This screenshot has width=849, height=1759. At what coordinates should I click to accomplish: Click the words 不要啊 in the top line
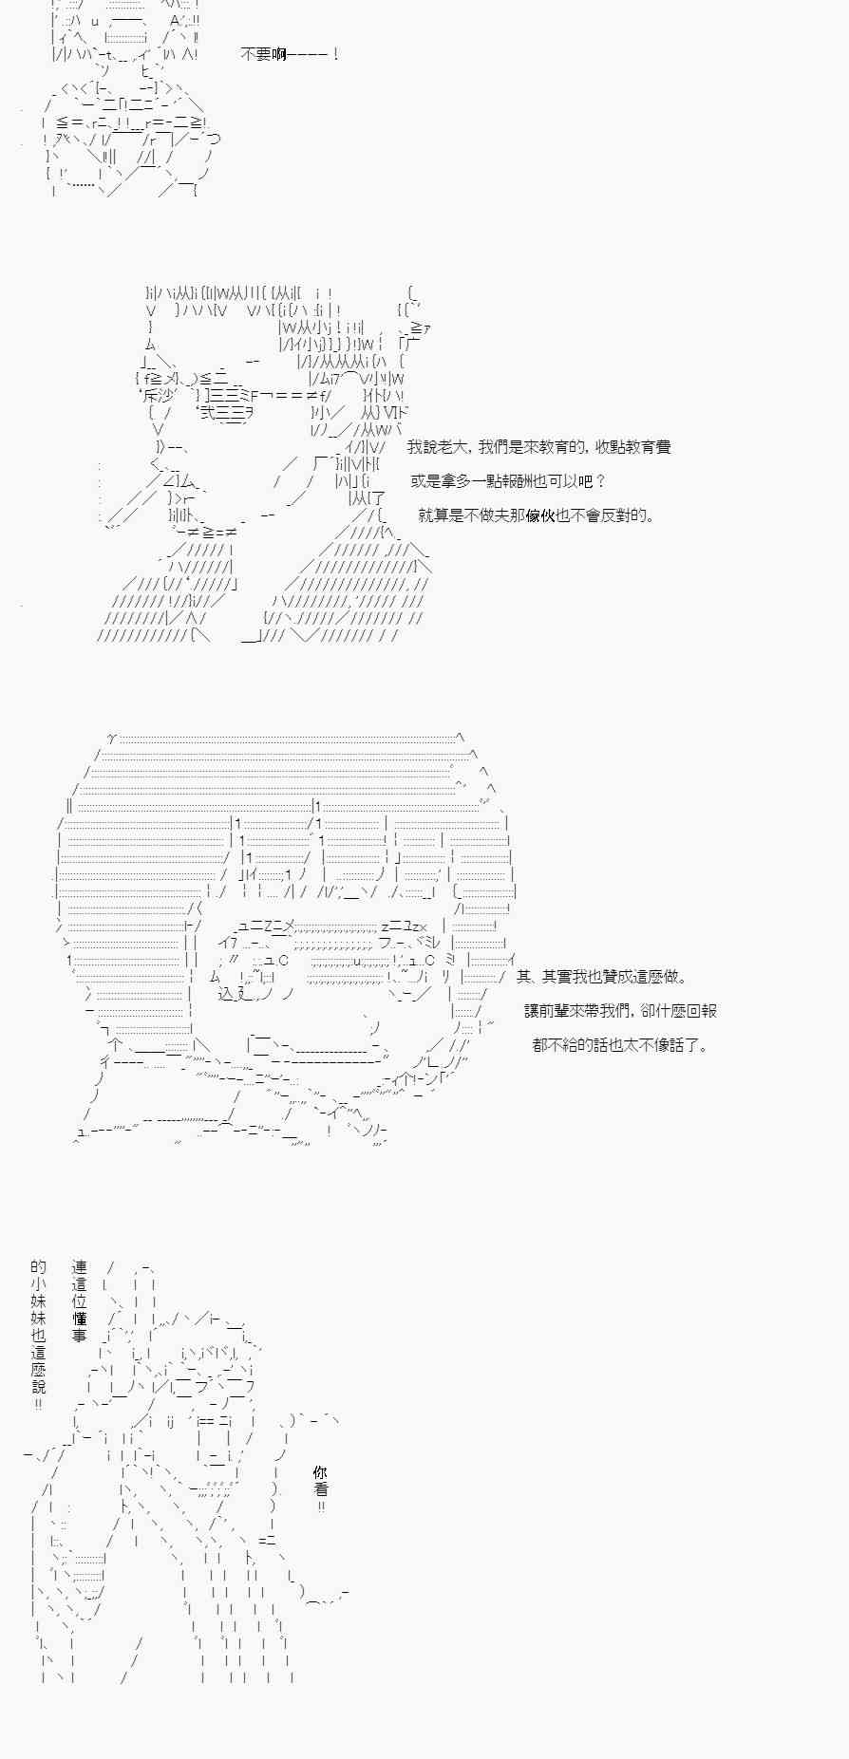click(264, 54)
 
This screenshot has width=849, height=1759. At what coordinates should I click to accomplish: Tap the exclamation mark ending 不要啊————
click(335, 54)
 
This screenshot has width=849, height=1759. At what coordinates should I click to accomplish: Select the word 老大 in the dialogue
click(452, 447)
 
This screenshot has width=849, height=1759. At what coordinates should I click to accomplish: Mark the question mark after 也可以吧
click(600, 481)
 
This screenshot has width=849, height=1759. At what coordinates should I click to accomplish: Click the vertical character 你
click(320, 1472)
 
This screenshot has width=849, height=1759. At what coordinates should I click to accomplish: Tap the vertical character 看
click(320, 1489)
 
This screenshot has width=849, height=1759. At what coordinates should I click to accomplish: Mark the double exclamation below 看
click(321, 1506)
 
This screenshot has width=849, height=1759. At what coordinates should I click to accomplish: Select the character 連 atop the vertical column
click(80, 1267)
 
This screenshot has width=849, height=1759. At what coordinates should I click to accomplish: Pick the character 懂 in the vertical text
click(80, 1319)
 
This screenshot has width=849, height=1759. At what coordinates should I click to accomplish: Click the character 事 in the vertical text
click(80, 1336)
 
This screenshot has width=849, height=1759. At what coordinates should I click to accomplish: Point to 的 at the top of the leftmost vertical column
click(38, 1267)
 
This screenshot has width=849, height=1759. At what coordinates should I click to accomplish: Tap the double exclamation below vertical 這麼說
click(38, 1404)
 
